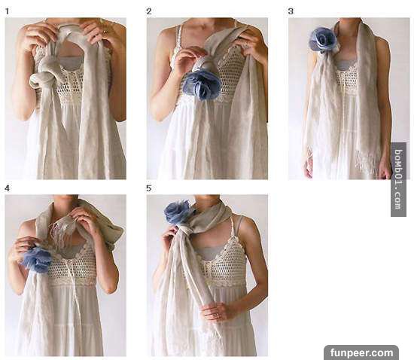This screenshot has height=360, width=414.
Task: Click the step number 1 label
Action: [x=8, y=11]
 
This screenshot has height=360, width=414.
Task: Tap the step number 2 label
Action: [x=149, y=11]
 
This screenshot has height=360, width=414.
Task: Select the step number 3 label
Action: [x=291, y=11]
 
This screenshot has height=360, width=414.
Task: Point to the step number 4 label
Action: [x=7, y=188]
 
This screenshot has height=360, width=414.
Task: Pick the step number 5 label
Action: [x=149, y=188]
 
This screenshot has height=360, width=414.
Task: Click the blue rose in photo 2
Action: [x=202, y=84]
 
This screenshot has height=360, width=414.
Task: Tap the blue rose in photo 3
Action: [x=324, y=40]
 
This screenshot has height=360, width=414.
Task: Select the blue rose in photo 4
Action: [x=37, y=259]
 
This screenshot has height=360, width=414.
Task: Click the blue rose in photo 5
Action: [x=178, y=211]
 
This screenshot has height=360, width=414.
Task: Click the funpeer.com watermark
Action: [x=361, y=352]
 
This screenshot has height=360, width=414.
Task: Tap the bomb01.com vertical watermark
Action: [x=398, y=179]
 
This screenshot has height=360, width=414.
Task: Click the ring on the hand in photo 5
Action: [x=217, y=316]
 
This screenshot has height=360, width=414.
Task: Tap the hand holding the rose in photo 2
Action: [x=189, y=59]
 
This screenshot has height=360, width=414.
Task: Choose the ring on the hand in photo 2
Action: [x=245, y=44]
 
